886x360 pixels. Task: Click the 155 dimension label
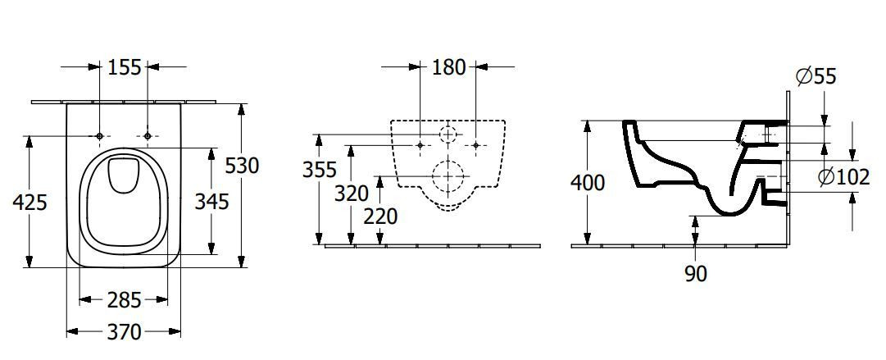[125, 67]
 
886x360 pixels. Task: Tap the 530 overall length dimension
[242, 166]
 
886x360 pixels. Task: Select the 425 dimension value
[30, 202]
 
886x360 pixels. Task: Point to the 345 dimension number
[212, 201]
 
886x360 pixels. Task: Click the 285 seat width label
[124, 300]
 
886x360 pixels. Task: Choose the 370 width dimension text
[124, 332]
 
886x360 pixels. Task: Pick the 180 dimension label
[449, 67]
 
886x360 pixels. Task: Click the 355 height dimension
[320, 170]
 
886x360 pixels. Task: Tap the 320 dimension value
[352, 194]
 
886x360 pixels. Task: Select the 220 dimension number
[380, 216]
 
